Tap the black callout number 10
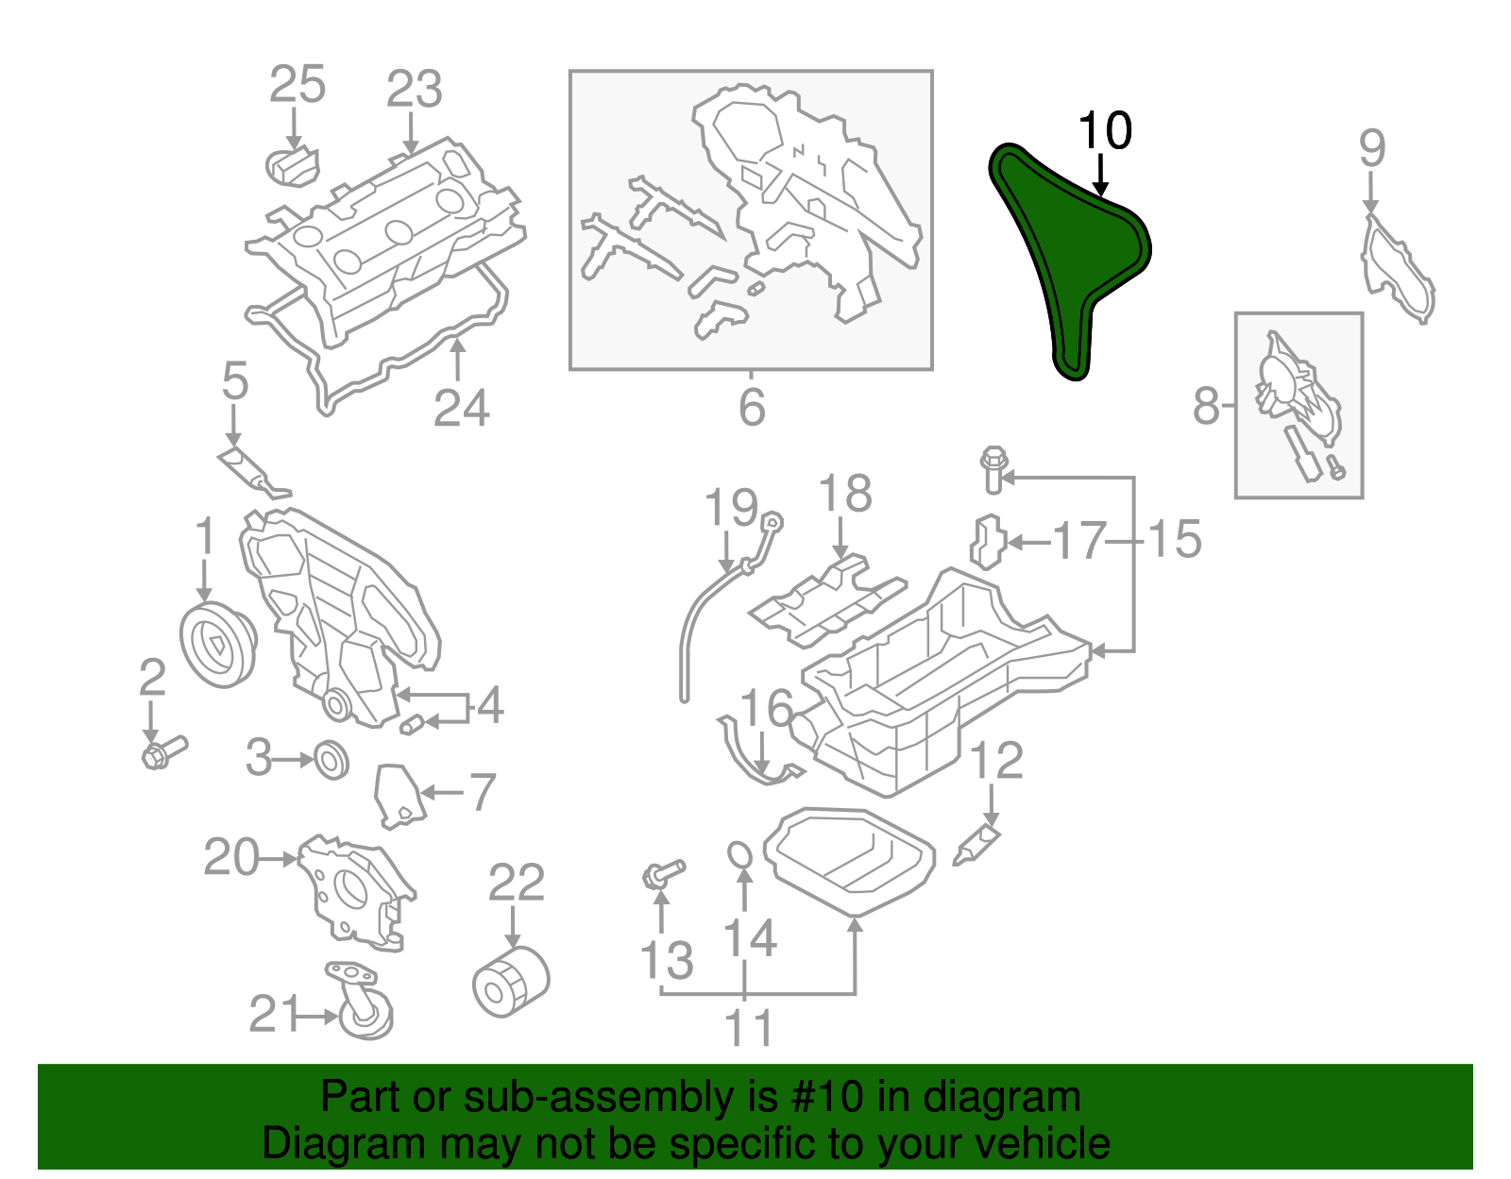[x=1104, y=131]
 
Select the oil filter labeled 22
[x=510, y=982]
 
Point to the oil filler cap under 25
[x=292, y=166]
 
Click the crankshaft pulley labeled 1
[x=217, y=642]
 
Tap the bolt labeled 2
[x=163, y=752]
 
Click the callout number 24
[x=462, y=409]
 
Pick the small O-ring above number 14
[x=741, y=854]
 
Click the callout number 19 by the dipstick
[x=732, y=509]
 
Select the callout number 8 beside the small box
[x=1206, y=406]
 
